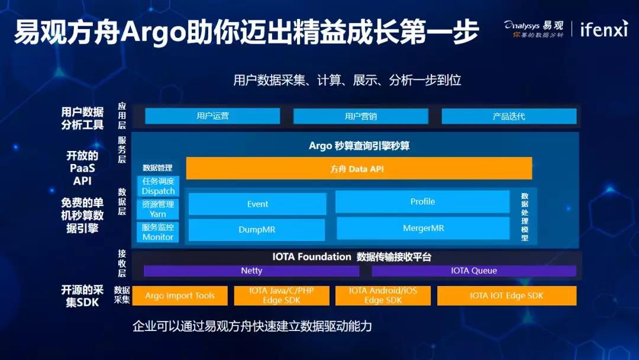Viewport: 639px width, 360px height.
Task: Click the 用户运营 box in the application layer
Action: click(x=212, y=116)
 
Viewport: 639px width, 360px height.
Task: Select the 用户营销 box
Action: click(x=361, y=116)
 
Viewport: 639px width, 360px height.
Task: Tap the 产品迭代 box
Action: click(x=509, y=116)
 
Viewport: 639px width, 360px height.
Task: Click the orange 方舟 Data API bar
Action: click(x=359, y=168)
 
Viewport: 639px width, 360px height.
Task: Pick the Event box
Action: click(x=257, y=204)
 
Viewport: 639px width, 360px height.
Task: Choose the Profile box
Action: click(x=422, y=201)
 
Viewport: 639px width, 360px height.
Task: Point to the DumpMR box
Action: click(x=257, y=230)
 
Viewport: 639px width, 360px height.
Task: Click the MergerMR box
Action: click(x=423, y=229)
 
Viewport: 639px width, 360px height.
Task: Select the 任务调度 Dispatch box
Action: click(x=158, y=186)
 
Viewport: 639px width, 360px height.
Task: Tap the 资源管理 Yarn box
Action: click(x=158, y=209)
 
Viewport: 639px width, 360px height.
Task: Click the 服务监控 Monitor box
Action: click(x=158, y=232)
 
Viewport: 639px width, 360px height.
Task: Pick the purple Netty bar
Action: click(x=251, y=271)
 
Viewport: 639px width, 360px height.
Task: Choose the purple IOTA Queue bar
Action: click(x=474, y=271)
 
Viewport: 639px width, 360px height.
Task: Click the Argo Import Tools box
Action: click(x=180, y=295)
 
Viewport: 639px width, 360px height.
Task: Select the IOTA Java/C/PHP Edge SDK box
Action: click(x=282, y=295)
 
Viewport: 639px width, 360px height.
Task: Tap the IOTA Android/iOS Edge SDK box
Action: click(x=383, y=295)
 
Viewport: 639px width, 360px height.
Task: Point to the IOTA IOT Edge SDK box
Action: click(x=507, y=295)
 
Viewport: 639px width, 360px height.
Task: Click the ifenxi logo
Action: click(x=604, y=29)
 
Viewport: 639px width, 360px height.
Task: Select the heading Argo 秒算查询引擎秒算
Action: click(x=359, y=146)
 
